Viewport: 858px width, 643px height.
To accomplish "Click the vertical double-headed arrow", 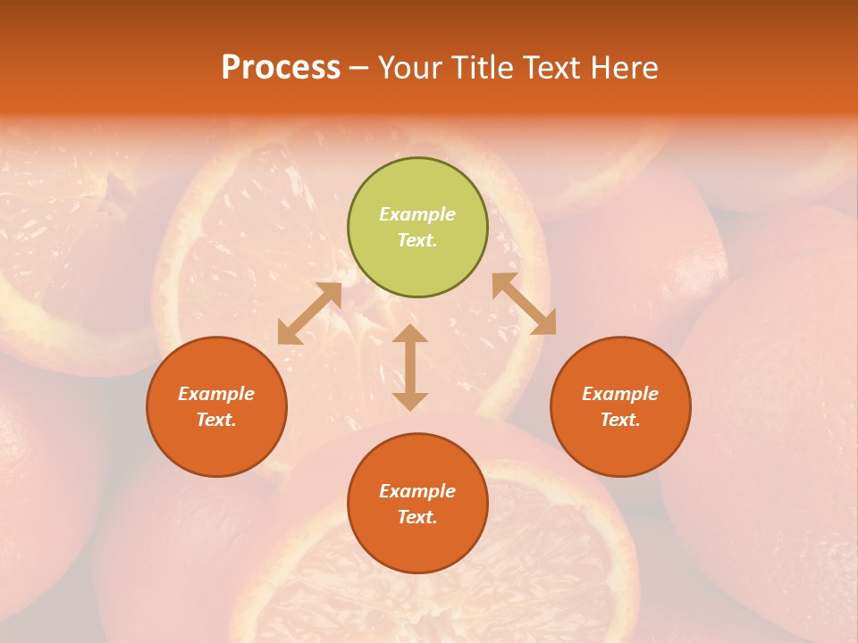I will (x=410, y=368).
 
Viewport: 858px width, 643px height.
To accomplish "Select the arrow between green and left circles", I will (x=309, y=313).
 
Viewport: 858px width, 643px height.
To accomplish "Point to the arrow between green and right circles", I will (x=524, y=304).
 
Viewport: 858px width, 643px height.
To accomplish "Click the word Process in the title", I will (x=281, y=67).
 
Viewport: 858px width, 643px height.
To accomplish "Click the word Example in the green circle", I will (x=417, y=214).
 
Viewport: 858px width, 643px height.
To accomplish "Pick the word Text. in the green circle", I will (x=417, y=240).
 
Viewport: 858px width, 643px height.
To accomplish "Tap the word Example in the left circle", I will (x=216, y=394).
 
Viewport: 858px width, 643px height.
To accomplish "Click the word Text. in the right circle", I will (x=620, y=420).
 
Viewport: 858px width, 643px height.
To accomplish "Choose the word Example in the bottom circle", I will (x=417, y=491).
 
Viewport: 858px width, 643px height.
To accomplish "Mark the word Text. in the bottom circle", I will (x=417, y=517).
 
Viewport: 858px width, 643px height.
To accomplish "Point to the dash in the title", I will (x=359, y=68).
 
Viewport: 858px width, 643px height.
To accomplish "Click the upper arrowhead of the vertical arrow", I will (x=410, y=335).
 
